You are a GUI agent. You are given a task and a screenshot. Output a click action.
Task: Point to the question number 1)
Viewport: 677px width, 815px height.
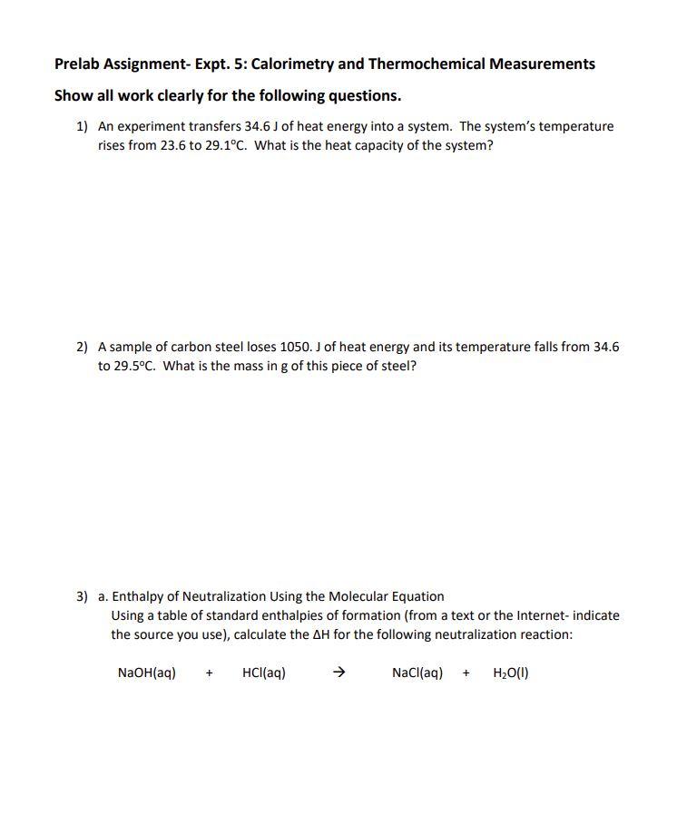point(82,126)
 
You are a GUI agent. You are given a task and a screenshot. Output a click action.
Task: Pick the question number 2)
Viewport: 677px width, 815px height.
point(82,347)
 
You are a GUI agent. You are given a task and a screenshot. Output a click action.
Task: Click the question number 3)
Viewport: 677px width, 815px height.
point(82,596)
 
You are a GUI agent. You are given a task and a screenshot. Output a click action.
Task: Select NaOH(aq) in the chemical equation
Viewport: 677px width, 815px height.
point(147,673)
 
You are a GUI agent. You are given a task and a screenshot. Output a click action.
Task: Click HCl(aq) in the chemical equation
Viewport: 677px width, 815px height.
point(264,673)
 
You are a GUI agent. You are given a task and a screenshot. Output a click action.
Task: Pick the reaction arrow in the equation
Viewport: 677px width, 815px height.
point(338,673)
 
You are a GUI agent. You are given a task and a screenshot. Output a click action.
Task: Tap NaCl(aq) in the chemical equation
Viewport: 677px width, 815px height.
point(417,673)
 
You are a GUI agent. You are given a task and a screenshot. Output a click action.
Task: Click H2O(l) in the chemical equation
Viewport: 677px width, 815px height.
point(511,673)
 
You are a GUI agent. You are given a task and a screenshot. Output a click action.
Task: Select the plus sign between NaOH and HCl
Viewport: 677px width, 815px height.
point(209,673)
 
